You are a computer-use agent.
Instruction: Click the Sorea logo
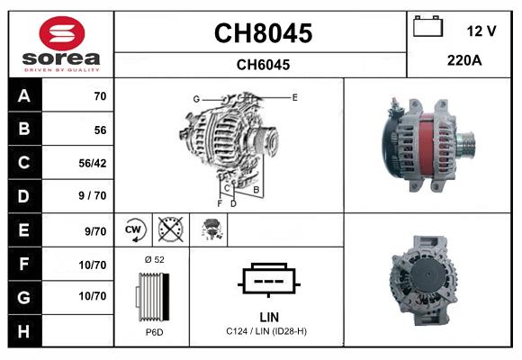point(60,44)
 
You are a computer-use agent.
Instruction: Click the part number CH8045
point(262,33)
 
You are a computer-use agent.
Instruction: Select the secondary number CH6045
point(262,65)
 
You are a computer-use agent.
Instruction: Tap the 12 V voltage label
point(481,31)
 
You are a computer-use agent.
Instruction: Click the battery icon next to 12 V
point(428,28)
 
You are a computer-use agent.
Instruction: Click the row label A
point(23,96)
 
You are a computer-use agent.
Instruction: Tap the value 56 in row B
point(99,130)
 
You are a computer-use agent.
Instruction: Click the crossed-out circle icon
point(169,229)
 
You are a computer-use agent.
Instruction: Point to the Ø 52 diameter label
point(153,259)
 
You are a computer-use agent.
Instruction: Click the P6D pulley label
point(153,332)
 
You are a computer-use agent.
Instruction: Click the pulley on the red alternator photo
point(466,142)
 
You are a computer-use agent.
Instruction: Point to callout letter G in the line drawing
point(195,98)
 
